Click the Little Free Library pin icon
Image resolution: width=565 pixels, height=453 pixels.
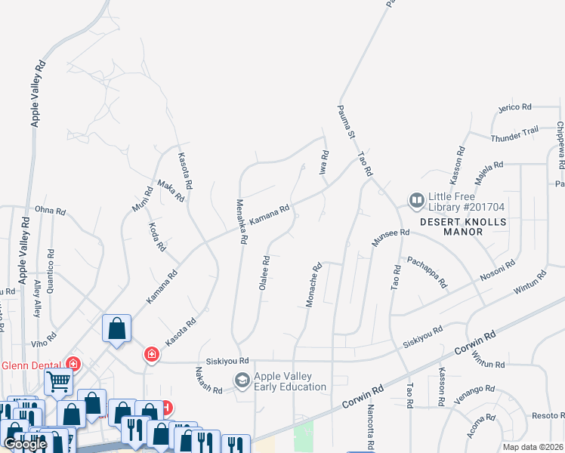pos(416,201)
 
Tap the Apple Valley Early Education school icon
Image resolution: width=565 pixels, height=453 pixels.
pos(242,381)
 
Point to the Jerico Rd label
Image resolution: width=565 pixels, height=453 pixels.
pos(516,108)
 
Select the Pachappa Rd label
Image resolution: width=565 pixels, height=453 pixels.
pos(427,272)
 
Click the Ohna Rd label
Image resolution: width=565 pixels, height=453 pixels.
pos(50,210)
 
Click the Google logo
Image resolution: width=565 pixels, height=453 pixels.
pos(26,444)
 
